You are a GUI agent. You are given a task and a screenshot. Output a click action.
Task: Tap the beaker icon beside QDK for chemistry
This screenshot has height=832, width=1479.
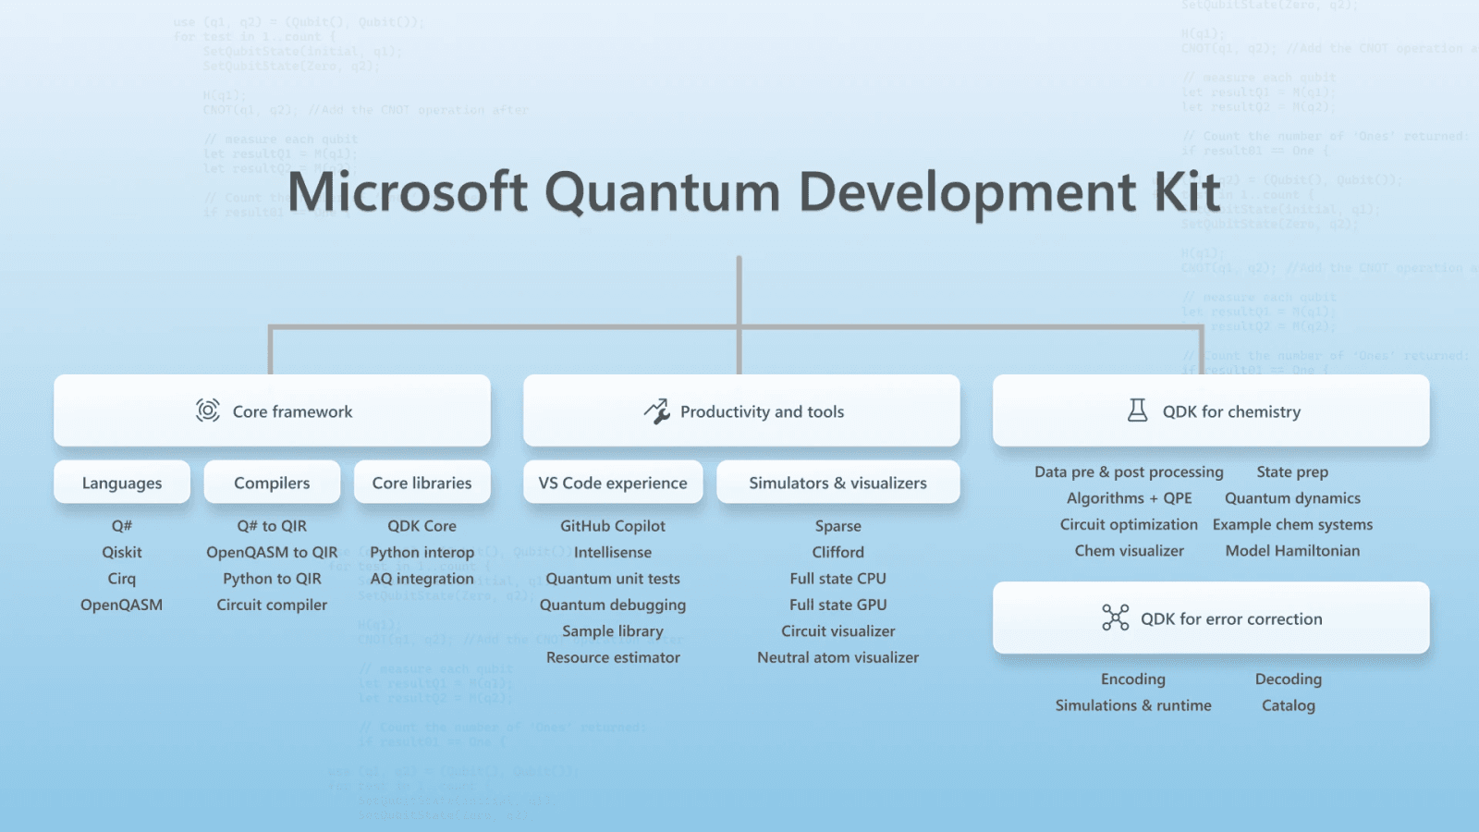click(x=1138, y=410)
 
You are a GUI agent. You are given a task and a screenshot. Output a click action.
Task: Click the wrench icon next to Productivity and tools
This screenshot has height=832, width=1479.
click(x=656, y=411)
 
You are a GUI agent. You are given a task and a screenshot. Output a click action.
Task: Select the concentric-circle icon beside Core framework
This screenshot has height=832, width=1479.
click(x=208, y=410)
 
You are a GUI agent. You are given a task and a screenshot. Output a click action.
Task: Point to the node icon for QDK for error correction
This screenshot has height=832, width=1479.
click(x=1116, y=618)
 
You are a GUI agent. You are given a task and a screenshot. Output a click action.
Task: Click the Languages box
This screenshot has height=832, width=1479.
click(x=122, y=483)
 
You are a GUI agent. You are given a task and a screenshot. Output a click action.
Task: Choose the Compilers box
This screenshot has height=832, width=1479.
click(x=272, y=483)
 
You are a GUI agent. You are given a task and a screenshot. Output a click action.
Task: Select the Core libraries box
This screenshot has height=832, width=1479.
click(x=422, y=483)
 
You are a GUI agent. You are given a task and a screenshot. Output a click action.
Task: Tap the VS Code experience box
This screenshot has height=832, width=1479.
click(x=613, y=483)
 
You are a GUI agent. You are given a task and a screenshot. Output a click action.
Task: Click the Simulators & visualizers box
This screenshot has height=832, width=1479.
click(x=837, y=483)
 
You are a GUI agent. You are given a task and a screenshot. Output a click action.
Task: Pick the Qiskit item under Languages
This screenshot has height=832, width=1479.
click(x=122, y=552)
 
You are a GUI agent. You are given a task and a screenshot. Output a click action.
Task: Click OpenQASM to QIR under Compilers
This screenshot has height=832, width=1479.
click(x=272, y=552)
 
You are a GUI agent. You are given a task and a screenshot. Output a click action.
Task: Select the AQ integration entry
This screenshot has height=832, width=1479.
click(x=422, y=579)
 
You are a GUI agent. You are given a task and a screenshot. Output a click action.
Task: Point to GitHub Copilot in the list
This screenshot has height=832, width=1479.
click(x=613, y=526)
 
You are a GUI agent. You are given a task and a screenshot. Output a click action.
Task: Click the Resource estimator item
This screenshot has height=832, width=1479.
click(x=613, y=657)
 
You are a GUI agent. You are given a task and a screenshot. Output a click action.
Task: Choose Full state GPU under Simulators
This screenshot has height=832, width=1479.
click(x=837, y=605)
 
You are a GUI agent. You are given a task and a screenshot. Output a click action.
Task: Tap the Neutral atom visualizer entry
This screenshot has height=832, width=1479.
click(x=837, y=657)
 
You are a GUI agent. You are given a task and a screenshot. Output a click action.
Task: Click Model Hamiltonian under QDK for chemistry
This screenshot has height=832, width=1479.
click(x=1292, y=551)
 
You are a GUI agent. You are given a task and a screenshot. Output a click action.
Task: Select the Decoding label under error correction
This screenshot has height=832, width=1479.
click(x=1288, y=679)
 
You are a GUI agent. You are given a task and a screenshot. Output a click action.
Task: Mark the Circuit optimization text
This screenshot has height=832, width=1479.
click(x=1129, y=524)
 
